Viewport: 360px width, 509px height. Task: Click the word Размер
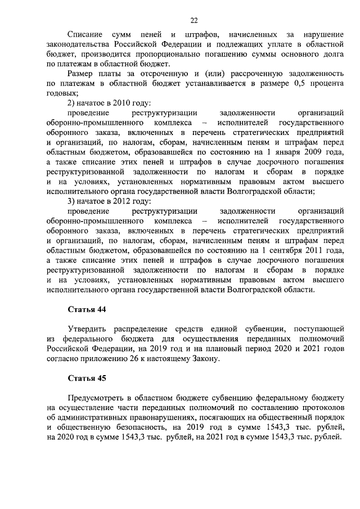coord(80,74)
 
